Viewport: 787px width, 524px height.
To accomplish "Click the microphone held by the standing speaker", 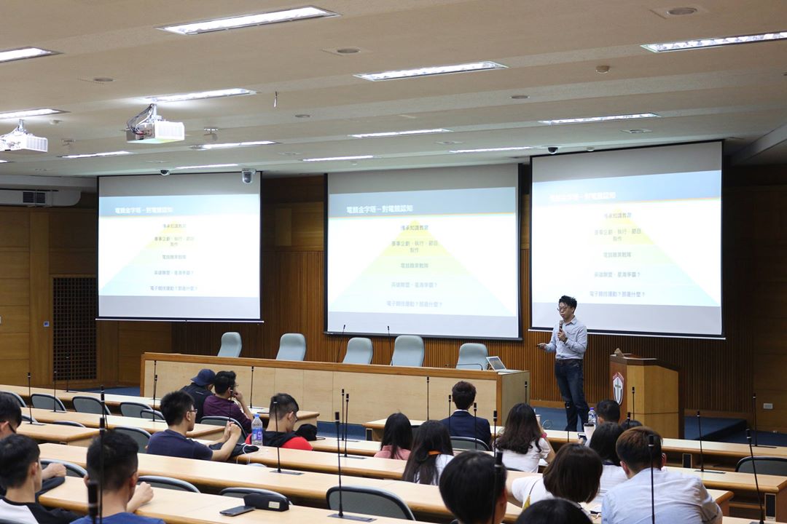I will coord(560,326).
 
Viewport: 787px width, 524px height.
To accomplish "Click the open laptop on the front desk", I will coord(496,362).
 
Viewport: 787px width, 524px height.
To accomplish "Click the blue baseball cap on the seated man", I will coord(203,377).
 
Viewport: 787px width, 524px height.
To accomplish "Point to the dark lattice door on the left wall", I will coord(74,327).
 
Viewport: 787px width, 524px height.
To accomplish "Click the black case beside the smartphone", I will coord(266,501).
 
